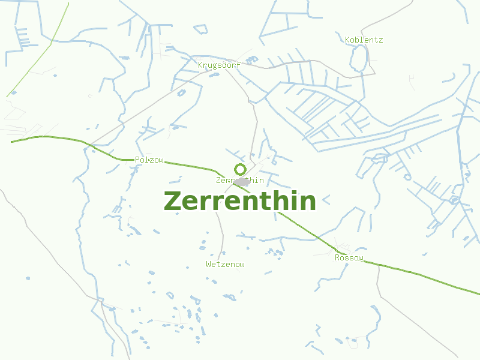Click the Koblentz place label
(x=364, y=40)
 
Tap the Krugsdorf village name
(x=219, y=65)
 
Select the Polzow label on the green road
(x=149, y=160)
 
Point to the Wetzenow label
(x=225, y=264)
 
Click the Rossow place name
(x=349, y=258)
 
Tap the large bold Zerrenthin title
(x=239, y=201)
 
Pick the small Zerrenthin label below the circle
(x=239, y=180)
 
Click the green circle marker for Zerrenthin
(x=240, y=169)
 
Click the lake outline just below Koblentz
(x=359, y=59)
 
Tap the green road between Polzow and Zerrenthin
(x=192, y=166)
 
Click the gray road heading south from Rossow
(x=379, y=282)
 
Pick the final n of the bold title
(x=307, y=202)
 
